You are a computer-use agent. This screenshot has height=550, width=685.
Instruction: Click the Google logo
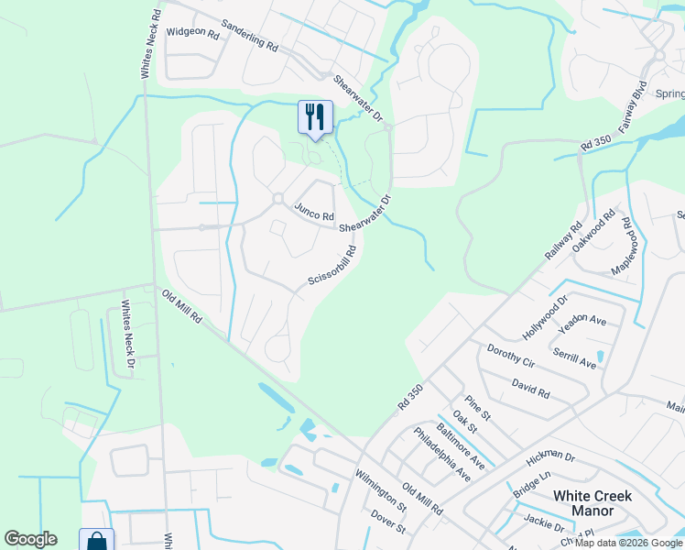pos(30,539)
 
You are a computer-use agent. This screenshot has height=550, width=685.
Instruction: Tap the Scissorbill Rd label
pos(332,264)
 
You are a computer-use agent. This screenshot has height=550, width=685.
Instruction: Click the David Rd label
pos(531,388)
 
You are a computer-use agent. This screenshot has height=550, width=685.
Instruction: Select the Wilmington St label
pos(382,489)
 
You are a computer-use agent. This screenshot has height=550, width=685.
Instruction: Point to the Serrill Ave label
pos(574,357)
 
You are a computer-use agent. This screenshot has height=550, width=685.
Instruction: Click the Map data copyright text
pos(627,542)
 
